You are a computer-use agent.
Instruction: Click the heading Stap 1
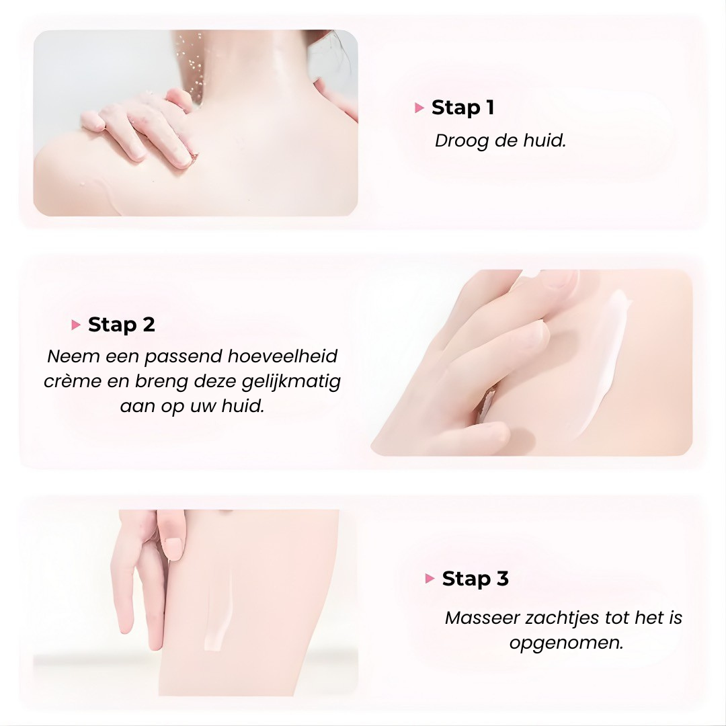point(462,108)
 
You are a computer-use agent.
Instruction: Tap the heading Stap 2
point(122,325)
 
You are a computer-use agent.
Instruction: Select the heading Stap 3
point(475,579)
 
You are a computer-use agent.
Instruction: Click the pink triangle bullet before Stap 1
point(419,108)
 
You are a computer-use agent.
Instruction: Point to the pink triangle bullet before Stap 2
point(76,325)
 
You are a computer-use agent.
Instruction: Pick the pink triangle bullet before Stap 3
point(430,579)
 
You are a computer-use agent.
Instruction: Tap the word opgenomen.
point(566,643)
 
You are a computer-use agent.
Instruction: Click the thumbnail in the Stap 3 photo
point(174,547)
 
